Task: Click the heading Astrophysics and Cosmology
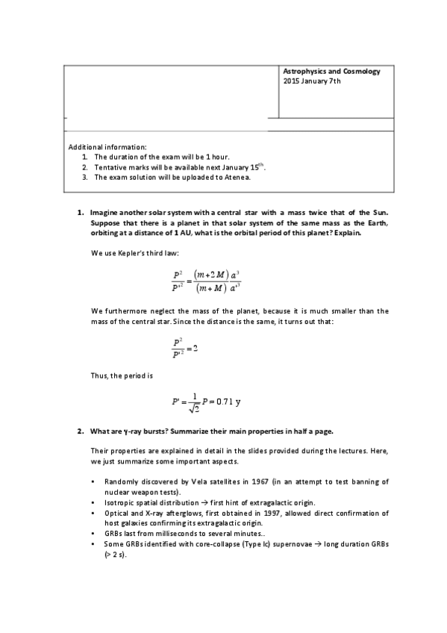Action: [331, 72]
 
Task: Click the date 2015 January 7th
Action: [312, 81]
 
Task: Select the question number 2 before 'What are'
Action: [80, 432]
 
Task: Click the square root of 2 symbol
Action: [193, 408]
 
